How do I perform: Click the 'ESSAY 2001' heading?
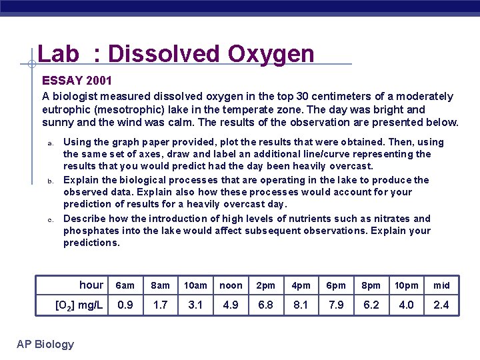pos(72,81)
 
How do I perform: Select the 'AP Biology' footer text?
pos(45,344)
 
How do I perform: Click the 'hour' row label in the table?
pos(91,285)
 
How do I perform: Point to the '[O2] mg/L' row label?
pos(79,305)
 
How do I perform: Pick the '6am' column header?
pos(125,285)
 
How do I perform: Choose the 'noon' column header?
pos(231,285)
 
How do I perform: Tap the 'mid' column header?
pos(441,285)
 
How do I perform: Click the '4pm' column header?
pos(301,285)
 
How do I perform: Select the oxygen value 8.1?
pos(301,305)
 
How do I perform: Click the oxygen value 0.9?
pos(125,305)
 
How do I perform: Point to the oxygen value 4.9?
pos(231,305)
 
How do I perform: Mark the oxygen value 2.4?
pos(441,305)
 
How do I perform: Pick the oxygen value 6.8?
pos(266,305)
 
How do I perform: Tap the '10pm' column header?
pos(406,285)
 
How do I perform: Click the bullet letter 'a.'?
pos(49,143)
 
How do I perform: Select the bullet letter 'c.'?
pos(49,219)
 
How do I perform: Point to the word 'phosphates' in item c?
pos(89,231)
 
